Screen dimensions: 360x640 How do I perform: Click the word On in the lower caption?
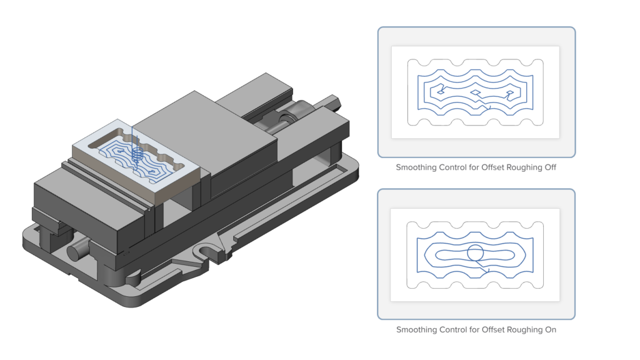tap(550, 329)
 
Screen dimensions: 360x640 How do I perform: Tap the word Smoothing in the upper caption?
tap(416, 168)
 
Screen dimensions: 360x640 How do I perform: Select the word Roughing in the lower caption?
tap(524, 329)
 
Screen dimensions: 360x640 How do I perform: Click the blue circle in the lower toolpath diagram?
tap(475, 253)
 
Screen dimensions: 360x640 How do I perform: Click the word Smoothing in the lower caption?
tap(417, 329)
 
